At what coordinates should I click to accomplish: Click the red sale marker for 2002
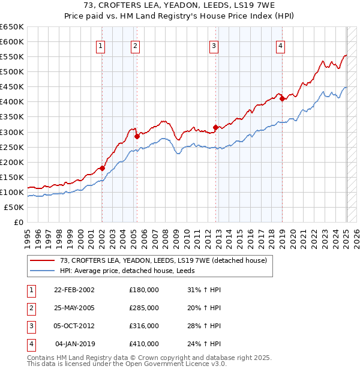[x=102, y=168]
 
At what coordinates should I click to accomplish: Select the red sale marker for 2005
[x=137, y=136]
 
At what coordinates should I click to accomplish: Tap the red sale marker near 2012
[x=215, y=127]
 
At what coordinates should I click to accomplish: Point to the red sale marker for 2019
[x=282, y=99]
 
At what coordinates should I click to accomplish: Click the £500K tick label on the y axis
[x=12, y=72]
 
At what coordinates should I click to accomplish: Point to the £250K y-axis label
[x=12, y=147]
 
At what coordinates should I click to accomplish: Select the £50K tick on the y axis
[x=14, y=207]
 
